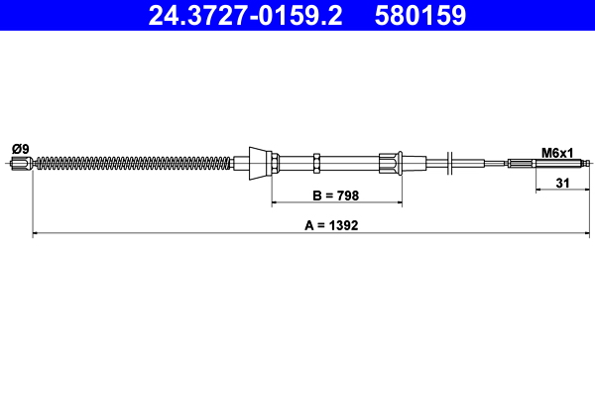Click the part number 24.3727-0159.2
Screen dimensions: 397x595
click(244, 16)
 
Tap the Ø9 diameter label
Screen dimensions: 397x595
click(20, 149)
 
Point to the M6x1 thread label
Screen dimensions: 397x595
click(558, 152)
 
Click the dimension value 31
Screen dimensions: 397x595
click(561, 182)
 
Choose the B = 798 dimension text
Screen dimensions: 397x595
click(336, 197)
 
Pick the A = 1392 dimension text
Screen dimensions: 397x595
click(331, 225)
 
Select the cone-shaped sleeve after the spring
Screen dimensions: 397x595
click(259, 163)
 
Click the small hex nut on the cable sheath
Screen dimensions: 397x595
click(315, 163)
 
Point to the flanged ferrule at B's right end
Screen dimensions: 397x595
click(391, 163)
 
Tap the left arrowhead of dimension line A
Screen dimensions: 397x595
click(38, 234)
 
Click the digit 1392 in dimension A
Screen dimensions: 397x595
click(342, 225)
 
